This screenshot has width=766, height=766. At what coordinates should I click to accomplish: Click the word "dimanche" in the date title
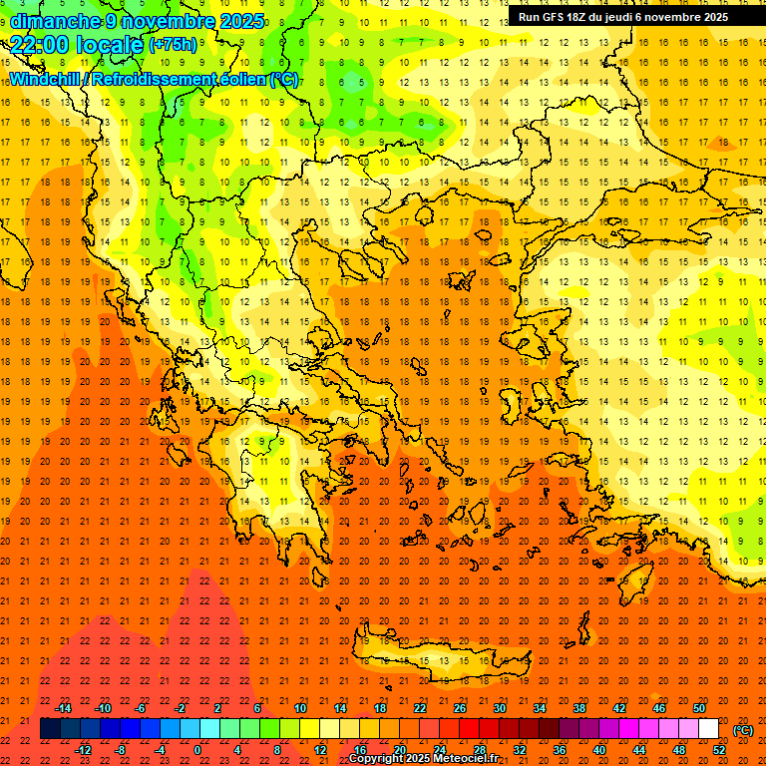pyautogui.click(x=52, y=21)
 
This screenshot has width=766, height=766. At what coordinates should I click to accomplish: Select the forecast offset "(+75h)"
pyautogui.click(x=173, y=45)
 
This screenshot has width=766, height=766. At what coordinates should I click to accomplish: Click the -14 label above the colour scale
pyautogui.click(x=64, y=708)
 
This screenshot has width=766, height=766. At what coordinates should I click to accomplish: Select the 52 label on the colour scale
pyautogui.click(x=719, y=749)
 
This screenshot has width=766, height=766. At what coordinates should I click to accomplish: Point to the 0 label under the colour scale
pyautogui.click(x=197, y=749)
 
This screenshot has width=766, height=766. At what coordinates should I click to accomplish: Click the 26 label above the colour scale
pyautogui.click(x=460, y=708)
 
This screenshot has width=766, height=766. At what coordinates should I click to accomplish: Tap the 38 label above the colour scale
pyautogui.click(x=578, y=708)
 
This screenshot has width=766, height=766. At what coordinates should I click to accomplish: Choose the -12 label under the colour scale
pyautogui.click(x=84, y=749)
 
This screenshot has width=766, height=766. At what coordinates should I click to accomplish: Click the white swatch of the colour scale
pyautogui.click(x=708, y=729)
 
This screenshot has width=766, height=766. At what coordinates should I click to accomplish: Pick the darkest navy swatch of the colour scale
pyautogui.click(x=50, y=729)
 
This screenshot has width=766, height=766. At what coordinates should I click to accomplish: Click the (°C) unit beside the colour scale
pyautogui.click(x=743, y=730)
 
